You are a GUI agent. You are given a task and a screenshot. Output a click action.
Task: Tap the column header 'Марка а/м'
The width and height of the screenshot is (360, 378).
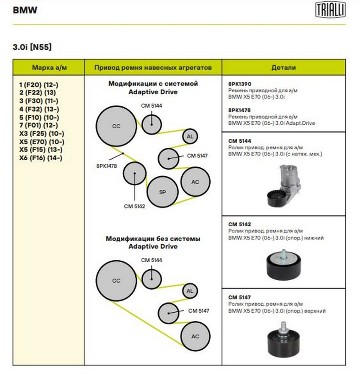point(49,68)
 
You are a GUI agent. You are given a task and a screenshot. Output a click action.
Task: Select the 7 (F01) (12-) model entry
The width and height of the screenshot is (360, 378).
point(39,125)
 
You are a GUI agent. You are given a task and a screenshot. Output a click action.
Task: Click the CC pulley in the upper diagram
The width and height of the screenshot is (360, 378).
point(116,126)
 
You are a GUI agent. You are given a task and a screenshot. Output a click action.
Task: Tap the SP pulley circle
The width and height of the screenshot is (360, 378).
point(162,192)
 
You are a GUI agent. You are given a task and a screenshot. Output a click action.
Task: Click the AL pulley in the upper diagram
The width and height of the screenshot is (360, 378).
point(190,137)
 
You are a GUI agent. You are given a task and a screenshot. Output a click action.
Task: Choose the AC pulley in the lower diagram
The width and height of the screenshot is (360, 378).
point(195,336)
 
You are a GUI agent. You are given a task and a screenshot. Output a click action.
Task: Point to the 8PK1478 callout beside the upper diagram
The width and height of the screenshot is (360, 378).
point(106,165)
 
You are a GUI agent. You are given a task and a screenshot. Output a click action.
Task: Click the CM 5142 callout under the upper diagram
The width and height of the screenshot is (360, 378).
point(134,206)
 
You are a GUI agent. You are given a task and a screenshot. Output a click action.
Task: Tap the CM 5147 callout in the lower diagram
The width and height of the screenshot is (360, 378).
point(198,310)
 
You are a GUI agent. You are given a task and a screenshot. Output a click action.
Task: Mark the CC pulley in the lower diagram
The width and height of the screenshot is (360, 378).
point(116,281)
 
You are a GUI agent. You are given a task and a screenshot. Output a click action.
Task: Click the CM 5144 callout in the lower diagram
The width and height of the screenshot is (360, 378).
point(151,260)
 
